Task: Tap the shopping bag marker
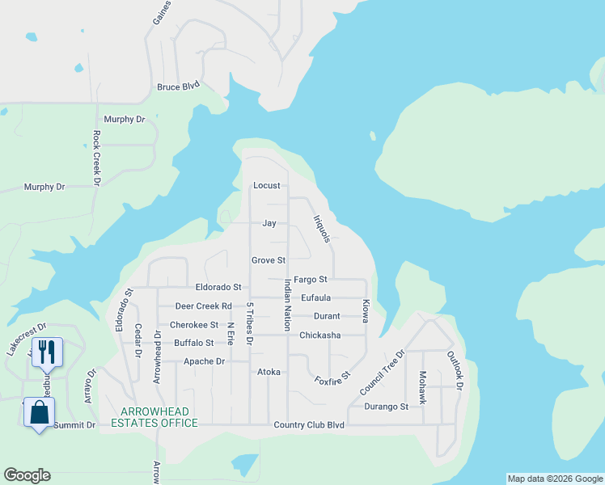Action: tap(39, 412)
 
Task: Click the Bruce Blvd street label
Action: tap(178, 86)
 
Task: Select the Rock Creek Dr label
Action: tap(96, 158)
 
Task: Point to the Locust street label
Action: tap(266, 186)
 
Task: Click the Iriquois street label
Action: tap(322, 228)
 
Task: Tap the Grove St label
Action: tap(269, 260)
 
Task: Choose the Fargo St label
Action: tap(310, 279)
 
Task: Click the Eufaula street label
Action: tap(315, 297)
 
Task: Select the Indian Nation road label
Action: tap(287, 303)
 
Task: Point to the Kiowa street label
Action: tap(366, 311)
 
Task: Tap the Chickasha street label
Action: tap(319, 335)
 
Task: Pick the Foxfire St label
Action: tap(332, 377)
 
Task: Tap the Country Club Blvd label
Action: tap(309, 425)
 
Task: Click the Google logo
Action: tap(27, 475)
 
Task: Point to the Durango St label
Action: tap(386, 407)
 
